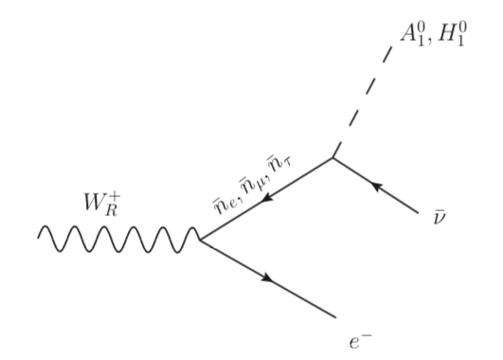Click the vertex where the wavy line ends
tap(200, 240)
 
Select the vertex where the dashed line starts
tap(332, 157)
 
